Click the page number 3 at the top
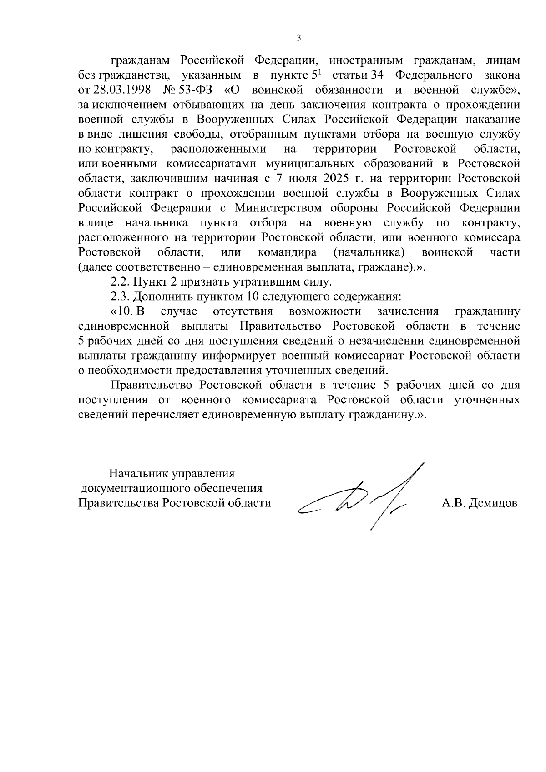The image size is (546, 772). coord(299,38)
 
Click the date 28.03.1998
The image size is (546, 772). coord(122,90)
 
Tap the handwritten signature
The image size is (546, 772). coord(359,498)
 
